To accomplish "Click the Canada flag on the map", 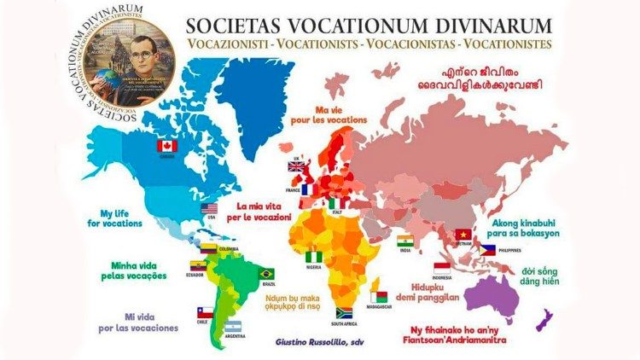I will tap(166, 146).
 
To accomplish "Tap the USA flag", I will tap(209, 209).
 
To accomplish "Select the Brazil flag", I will tap(266, 273).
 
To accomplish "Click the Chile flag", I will tap(204, 312).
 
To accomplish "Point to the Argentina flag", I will tap(232, 326).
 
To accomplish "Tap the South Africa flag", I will tap(345, 312).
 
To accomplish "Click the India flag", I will tap(405, 240).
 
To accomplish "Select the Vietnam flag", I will tap(463, 234).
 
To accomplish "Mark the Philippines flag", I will tap(486, 249).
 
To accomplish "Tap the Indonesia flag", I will tap(443, 268).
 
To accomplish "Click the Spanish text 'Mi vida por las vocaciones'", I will tap(139, 322).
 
